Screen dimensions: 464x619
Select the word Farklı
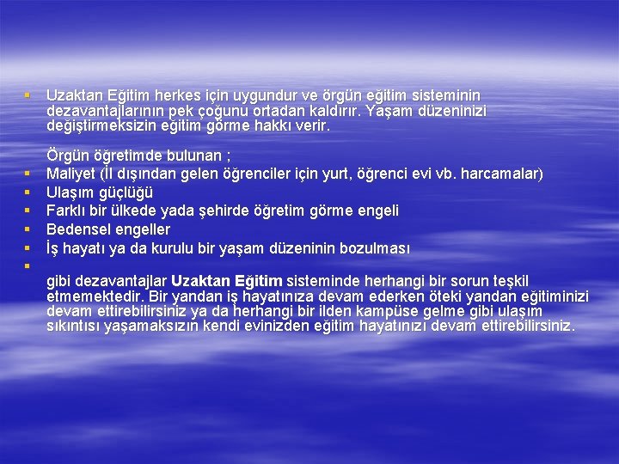tap(66, 211)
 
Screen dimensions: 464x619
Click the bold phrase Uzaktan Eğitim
tap(226, 281)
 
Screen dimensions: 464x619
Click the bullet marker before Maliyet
tap(28, 174)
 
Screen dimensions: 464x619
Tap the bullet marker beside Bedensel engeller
tap(28, 229)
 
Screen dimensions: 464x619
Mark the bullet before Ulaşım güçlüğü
tap(28, 192)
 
